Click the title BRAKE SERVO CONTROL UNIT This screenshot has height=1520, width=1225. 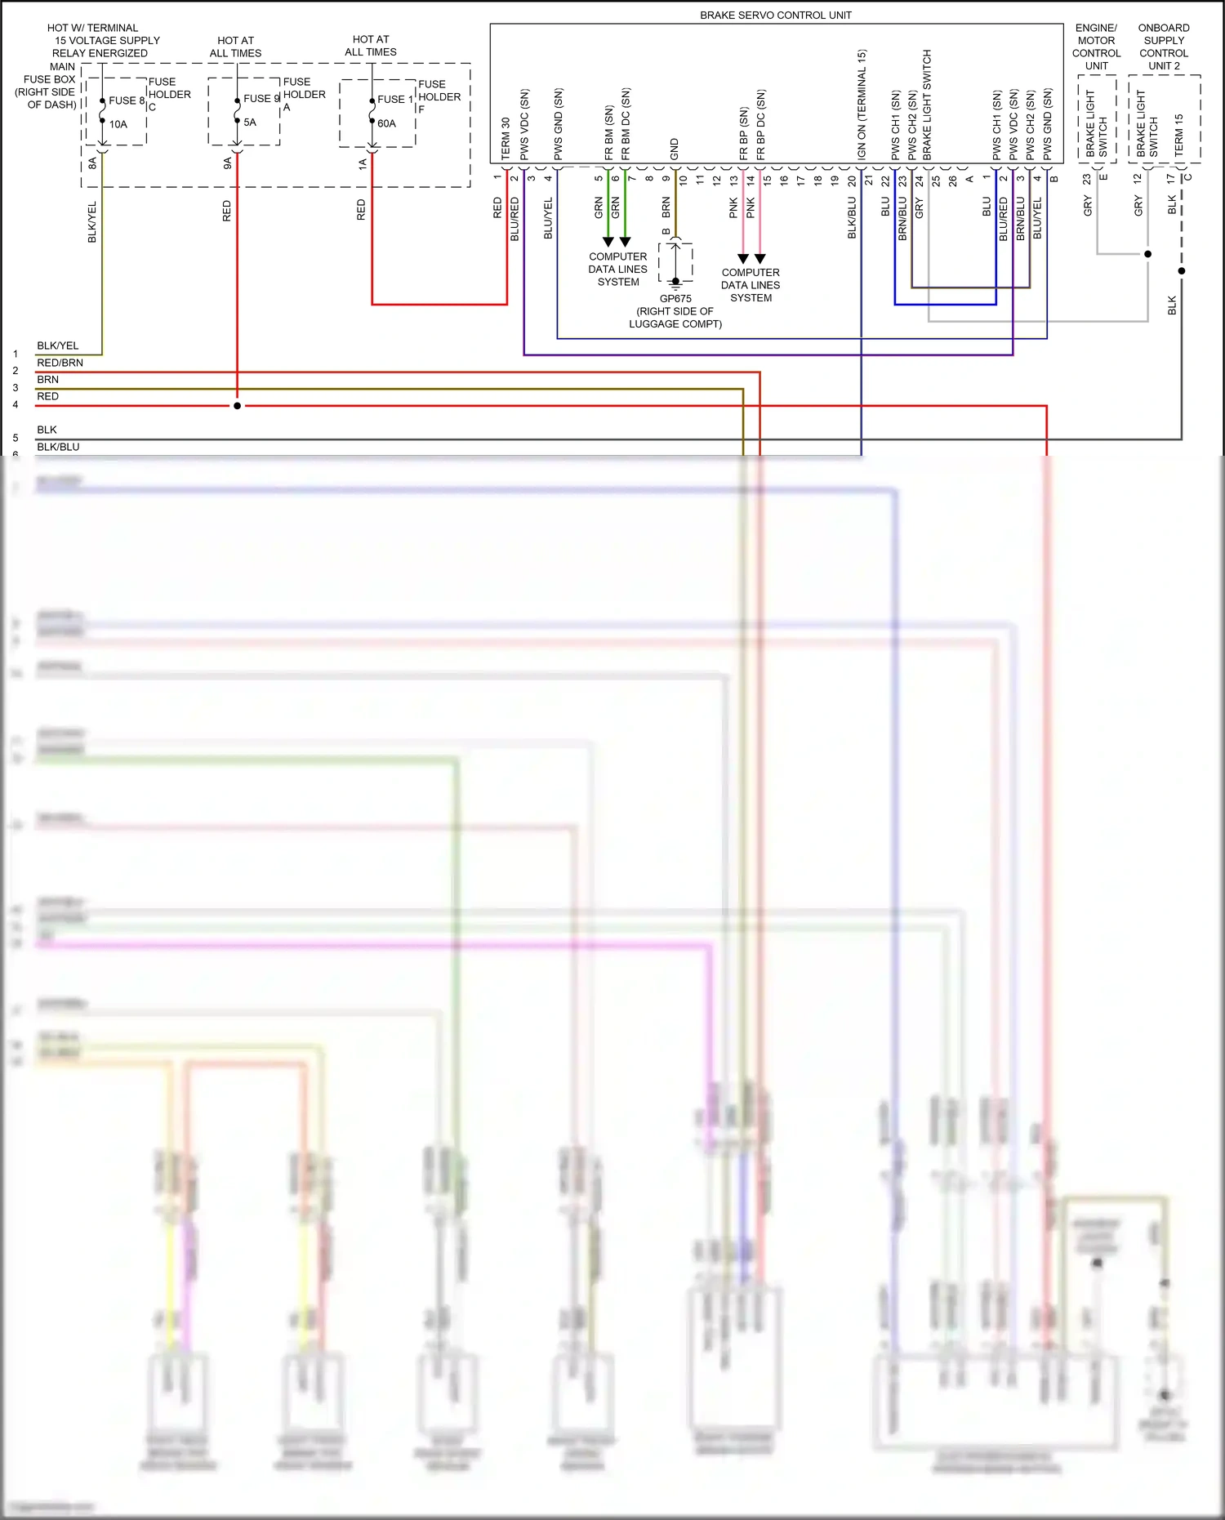[775, 15]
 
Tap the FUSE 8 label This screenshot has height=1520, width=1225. [127, 100]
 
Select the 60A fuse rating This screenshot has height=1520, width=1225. [386, 123]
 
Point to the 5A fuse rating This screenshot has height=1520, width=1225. [250, 123]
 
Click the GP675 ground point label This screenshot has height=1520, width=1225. [675, 299]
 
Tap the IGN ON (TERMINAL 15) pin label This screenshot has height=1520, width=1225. [862, 105]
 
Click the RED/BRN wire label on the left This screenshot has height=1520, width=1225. [60, 363]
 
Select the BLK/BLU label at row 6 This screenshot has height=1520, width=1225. [58, 447]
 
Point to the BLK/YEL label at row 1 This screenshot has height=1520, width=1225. [57, 345]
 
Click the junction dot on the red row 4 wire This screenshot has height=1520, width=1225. [237, 406]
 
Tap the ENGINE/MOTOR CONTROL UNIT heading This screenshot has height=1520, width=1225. [1096, 47]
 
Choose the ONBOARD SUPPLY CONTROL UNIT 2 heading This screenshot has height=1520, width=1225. [1164, 47]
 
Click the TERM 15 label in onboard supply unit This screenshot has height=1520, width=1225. [1178, 135]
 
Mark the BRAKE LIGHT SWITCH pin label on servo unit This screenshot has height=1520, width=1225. [927, 105]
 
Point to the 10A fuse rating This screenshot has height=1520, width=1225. [118, 124]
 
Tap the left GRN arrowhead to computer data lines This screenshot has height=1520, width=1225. [608, 242]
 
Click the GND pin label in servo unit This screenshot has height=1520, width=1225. [675, 149]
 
